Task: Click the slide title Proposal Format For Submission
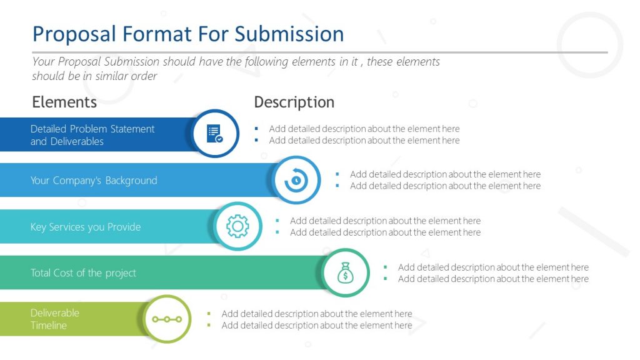pos(187,34)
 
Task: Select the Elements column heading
pos(64,102)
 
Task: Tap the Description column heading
pos(294,102)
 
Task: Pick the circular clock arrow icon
pos(296,181)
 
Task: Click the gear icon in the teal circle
pos(237,226)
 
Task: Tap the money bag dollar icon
pos(346,272)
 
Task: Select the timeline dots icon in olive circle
pos(167,319)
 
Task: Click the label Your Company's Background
pos(94,181)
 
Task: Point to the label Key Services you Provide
pos(86,227)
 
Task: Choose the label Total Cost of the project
pos(83,273)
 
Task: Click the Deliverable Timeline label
pos(55,319)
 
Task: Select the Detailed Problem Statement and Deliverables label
pos(92,135)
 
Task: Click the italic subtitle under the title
pos(236,69)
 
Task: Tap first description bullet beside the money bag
pos(493,267)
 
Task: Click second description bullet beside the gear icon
pos(385,232)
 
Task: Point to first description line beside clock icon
pos(445,174)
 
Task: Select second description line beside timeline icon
pos(316,325)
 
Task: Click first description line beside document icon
pos(364,129)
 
